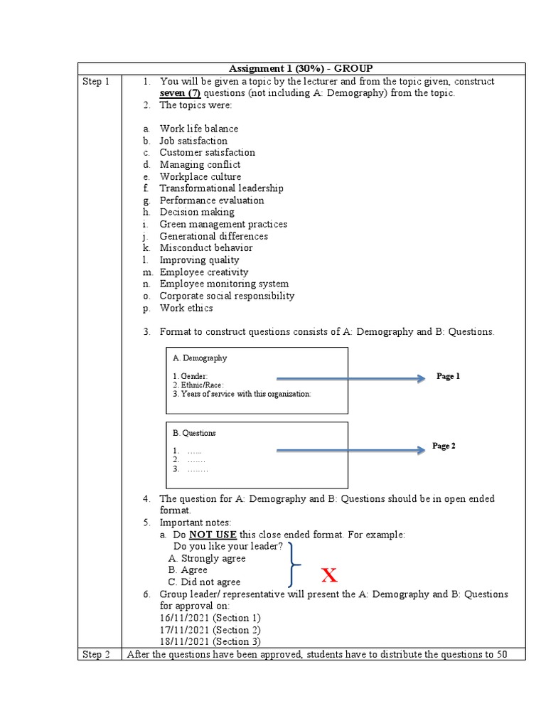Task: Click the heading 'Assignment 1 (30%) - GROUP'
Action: [301, 68]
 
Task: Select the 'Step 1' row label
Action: [96, 82]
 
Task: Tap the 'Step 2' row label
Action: [96, 654]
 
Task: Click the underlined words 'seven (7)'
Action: [180, 93]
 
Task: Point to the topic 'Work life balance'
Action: [198, 129]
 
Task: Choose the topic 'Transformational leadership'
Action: [221, 188]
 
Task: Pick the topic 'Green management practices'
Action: [223, 224]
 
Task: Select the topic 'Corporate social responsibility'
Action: [227, 296]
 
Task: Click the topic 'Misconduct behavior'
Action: [205, 248]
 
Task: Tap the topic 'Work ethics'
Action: [186, 308]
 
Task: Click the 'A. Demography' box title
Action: [200, 358]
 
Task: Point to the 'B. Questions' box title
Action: [194, 433]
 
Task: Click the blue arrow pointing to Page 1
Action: [350, 380]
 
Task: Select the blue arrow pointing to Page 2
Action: [350, 449]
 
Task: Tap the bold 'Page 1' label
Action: [448, 376]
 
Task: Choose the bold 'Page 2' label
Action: [444, 446]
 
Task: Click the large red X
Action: [328, 575]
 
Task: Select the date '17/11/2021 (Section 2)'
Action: [210, 630]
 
